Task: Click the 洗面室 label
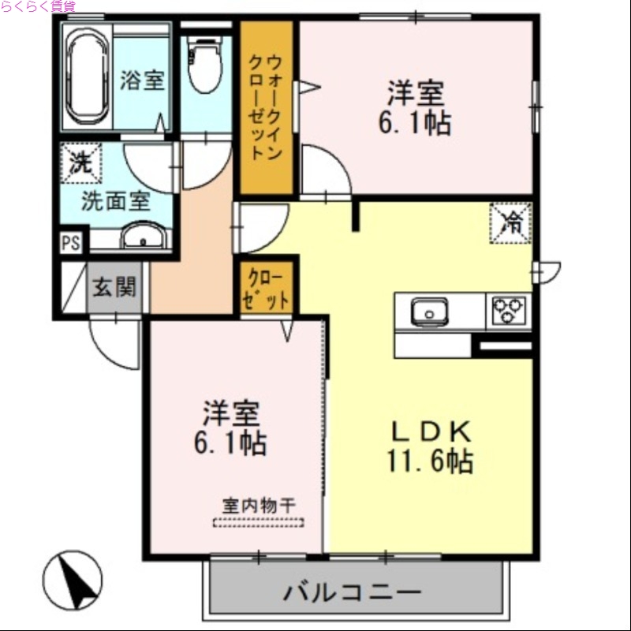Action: pyautogui.click(x=115, y=200)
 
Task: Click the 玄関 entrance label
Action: pyautogui.click(x=115, y=287)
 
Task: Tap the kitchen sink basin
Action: pyautogui.click(x=430, y=312)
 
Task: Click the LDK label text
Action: pyautogui.click(x=431, y=430)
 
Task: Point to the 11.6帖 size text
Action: pyautogui.click(x=430, y=460)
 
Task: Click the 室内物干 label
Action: pyautogui.click(x=258, y=506)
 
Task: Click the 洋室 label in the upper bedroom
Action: pyautogui.click(x=415, y=95)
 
